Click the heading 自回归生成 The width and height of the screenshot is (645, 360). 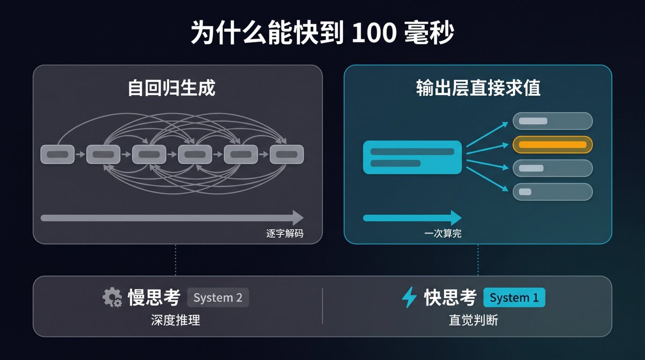point(171,88)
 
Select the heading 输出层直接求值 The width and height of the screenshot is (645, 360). point(478,88)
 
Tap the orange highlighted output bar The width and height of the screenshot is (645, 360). point(553,145)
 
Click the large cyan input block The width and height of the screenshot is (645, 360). point(412,157)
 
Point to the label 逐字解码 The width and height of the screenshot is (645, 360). point(285,233)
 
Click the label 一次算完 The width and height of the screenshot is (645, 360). point(443,233)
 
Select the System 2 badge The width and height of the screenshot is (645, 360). point(218,298)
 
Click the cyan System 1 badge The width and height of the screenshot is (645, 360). point(514,298)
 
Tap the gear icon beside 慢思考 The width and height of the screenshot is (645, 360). point(112,297)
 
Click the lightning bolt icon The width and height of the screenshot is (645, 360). point(409,297)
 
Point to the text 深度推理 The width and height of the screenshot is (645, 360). point(175,320)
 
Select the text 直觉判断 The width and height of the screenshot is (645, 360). point(474,320)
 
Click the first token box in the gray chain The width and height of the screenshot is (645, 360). point(58,155)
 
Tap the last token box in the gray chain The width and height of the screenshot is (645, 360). point(287,155)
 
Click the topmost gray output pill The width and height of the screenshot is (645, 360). point(553,121)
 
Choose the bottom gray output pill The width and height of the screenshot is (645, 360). point(553,192)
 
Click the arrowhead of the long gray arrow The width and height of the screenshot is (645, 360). point(298,218)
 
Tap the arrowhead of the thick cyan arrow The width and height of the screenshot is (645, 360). point(456,218)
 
